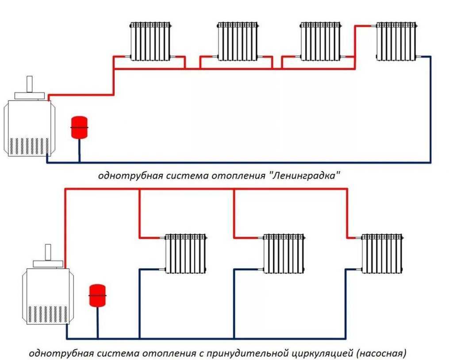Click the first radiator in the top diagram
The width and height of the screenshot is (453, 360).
point(151,41)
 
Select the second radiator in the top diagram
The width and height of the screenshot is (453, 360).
point(238,41)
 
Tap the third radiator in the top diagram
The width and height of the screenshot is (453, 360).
point(321,41)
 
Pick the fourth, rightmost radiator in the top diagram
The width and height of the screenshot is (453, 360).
point(396,41)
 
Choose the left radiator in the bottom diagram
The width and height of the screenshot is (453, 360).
point(185,254)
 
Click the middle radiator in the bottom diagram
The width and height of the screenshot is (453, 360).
point(284,254)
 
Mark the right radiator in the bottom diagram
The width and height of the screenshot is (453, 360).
point(382,254)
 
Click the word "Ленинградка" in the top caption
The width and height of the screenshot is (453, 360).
point(307,176)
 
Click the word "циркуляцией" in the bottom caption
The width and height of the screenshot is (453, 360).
point(322,353)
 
